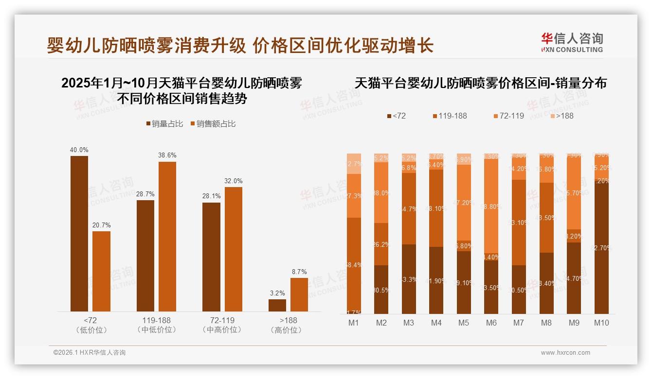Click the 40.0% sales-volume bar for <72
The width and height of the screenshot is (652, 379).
pos(79,233)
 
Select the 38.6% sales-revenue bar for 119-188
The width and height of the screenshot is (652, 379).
pos(167,236)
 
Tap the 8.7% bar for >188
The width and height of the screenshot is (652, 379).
pos(299,294)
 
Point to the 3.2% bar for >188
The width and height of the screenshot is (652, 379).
pos(277,305)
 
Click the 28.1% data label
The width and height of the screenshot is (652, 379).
pos(212,196)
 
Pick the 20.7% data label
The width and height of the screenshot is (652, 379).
pos(101,225)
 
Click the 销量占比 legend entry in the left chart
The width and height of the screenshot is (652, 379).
pos(164,124)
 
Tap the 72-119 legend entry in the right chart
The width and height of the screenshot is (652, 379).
pos(509,116)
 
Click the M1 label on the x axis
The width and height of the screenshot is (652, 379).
pos(354,323)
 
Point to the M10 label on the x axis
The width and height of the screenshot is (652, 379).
pos(601,323)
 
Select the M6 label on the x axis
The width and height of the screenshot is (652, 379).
pos(491,323)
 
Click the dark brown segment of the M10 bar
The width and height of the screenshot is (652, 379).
pos(601,248)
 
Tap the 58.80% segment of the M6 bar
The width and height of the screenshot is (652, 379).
pos(491,207)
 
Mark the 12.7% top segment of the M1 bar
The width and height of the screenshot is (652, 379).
pos(354,164)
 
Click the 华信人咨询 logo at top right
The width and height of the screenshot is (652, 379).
pos(572,42)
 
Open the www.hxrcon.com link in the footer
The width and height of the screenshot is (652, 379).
pos(565,353)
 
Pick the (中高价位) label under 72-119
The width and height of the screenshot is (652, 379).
pos(222,330)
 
